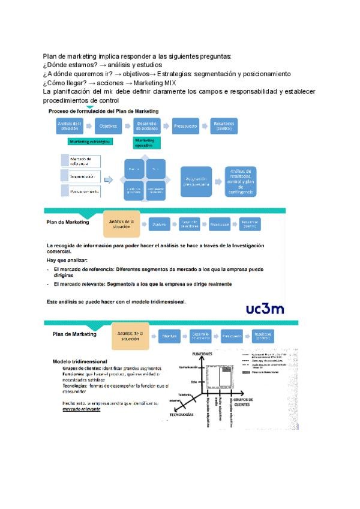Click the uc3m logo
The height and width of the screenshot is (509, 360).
click(265, 310)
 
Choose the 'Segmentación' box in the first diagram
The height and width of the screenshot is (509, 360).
click(80, 176)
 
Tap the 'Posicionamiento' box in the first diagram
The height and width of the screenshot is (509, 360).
click(80, 191)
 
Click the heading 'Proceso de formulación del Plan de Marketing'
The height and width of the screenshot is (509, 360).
click(103, 112)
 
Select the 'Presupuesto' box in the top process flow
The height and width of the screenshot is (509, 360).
click(185, 126)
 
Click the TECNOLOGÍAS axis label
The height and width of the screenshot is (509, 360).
click(181, 415)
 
